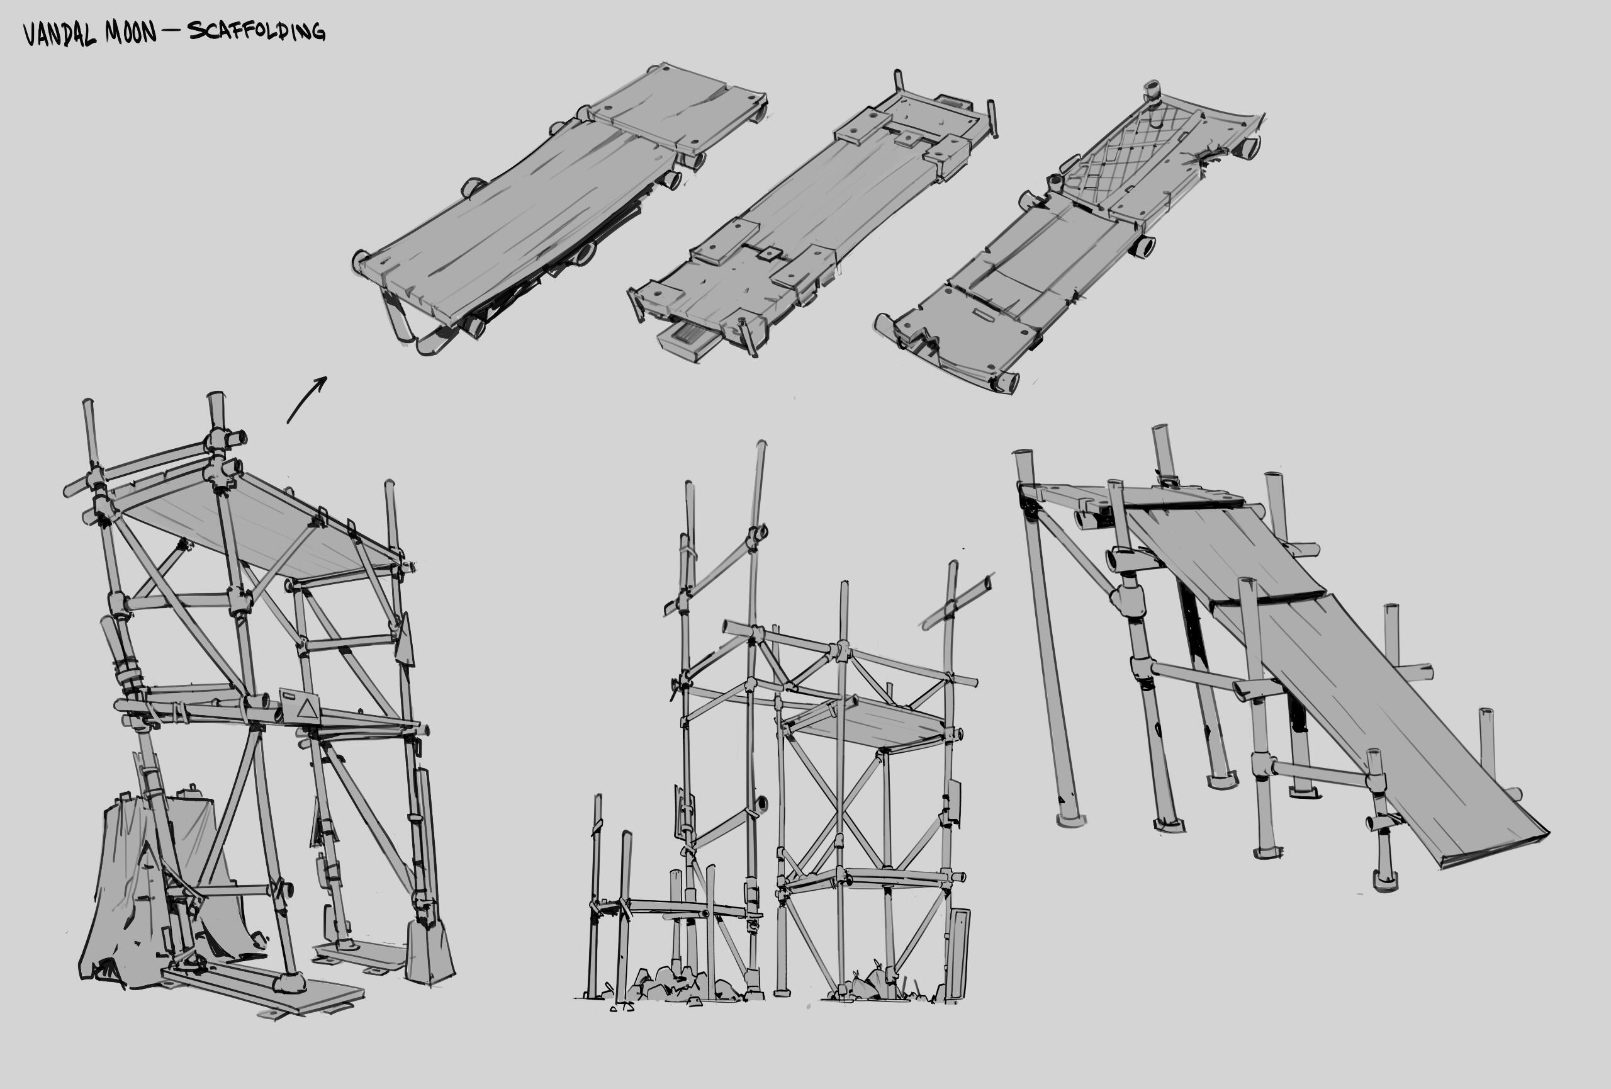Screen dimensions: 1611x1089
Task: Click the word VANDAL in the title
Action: click(x=60, y=33)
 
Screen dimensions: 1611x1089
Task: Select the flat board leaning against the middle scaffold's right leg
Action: click(x=958, y=954)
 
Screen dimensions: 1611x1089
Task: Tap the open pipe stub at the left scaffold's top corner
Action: click(x=236, y=438)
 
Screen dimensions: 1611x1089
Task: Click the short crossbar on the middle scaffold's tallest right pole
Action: click(x=957, y=601)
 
